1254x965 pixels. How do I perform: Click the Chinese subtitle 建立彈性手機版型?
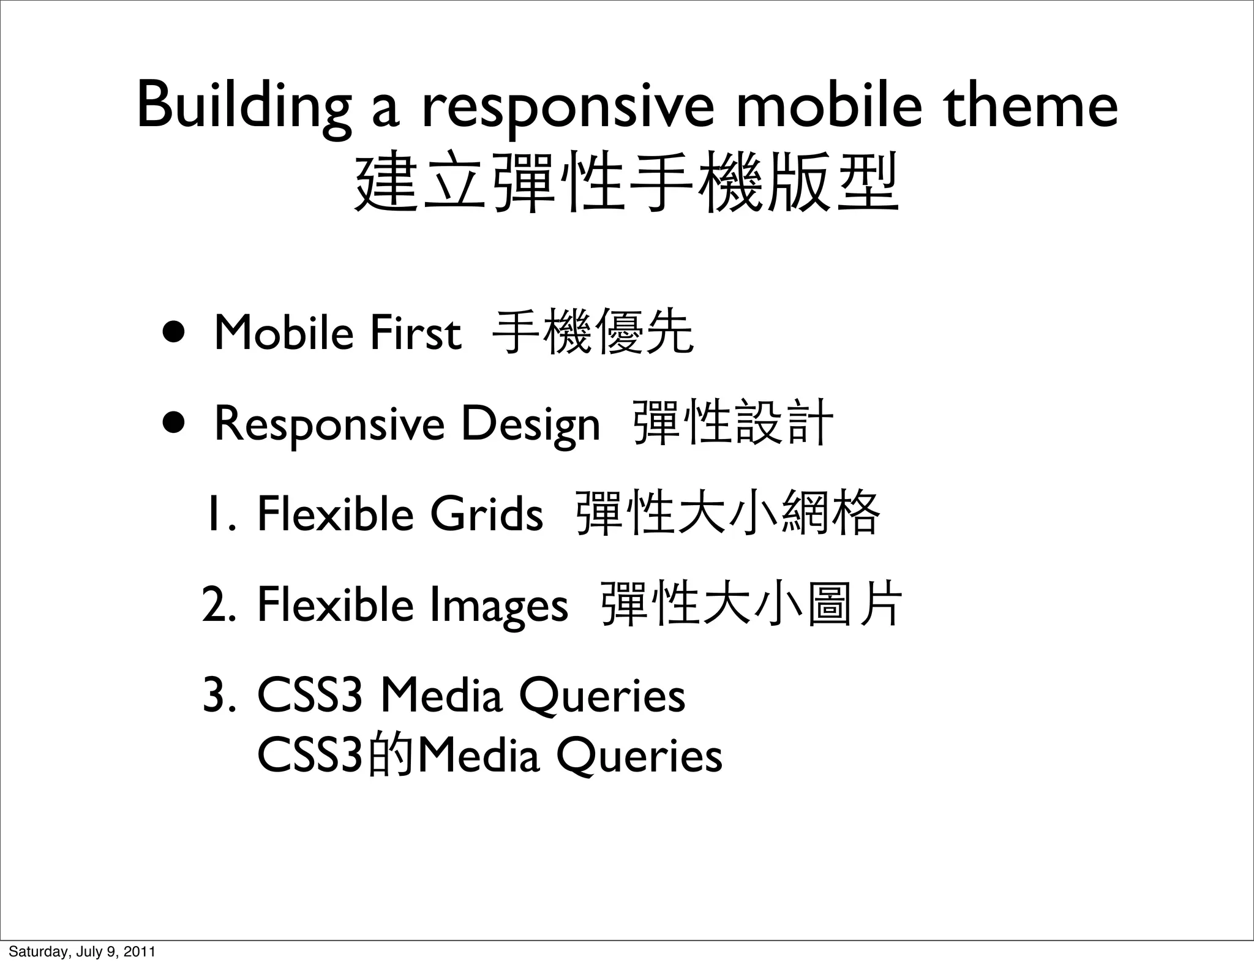click(627, 182)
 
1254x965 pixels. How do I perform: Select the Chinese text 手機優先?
click(593, 333)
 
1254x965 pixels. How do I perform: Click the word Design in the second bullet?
click(530, 424)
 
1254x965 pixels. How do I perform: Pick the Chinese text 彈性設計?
click(733, 422)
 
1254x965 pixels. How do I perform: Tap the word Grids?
click(486, 514)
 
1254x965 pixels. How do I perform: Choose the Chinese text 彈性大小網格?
click(729, 513)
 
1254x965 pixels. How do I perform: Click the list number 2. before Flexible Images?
click(219, 604)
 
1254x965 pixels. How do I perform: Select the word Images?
click(498, 606)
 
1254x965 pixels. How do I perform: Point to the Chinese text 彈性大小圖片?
click(753, 604)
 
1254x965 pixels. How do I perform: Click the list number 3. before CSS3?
click(219, 696)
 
